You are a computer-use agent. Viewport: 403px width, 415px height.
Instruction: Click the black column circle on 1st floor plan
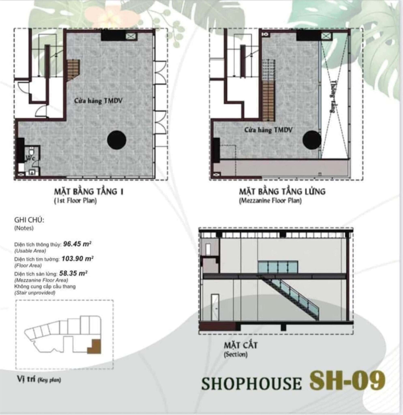tap(117, 140)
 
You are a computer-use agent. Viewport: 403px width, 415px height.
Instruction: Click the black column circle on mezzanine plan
tap(312, 140)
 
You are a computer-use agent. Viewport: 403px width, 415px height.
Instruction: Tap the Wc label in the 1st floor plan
tap(30, 157)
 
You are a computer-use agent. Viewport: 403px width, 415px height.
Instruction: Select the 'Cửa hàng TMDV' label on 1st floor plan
tap(98, 100)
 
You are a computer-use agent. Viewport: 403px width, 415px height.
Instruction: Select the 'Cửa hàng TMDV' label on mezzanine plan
tap(268, 130)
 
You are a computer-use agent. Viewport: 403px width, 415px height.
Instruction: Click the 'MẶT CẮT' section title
tap(240, 346)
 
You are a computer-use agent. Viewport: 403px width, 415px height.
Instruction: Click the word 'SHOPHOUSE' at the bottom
tap(251, 383)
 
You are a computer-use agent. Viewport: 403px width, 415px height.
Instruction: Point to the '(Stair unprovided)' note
tap(34, 292)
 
